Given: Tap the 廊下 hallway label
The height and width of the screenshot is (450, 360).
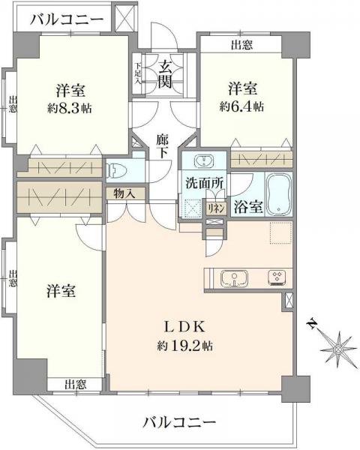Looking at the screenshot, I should coord(163,144).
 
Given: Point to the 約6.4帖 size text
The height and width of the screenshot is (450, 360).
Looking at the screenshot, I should coord(241,106).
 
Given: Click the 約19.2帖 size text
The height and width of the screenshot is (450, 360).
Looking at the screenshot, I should coord(184,346).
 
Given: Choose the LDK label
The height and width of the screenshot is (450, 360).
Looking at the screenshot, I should coord(184,326).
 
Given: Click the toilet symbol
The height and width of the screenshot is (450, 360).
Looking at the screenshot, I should coord(116,169).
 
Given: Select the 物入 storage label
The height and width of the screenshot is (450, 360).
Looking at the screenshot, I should coord(125,193).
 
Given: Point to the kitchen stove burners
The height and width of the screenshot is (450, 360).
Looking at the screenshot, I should coord(277,278).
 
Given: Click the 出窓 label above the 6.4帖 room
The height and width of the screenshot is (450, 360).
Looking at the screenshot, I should coord(241,45).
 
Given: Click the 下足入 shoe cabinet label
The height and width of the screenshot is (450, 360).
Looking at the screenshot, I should coord(139,73).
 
